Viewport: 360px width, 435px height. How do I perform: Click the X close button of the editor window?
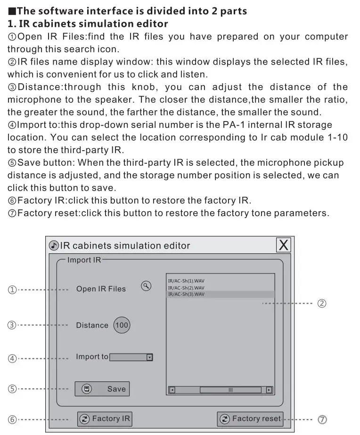[283, 245]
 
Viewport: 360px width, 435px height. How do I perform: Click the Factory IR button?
[105, 419]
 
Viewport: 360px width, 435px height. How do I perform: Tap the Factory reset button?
[250, 419]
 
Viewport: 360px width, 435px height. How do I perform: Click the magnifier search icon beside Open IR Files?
[147, 286]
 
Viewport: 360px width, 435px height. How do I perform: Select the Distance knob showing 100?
[122, 325]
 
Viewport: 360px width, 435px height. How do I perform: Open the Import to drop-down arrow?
[149, 357]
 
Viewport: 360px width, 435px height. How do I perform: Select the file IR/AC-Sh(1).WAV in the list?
[186, 281]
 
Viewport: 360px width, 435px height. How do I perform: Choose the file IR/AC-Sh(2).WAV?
[186, 288]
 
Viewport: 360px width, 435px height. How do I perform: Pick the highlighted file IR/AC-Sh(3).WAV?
[186, 294]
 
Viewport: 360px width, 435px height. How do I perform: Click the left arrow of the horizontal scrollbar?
[172, 390]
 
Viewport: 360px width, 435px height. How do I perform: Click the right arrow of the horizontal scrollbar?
[269, 390]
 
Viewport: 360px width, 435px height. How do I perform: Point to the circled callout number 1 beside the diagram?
[12, 290]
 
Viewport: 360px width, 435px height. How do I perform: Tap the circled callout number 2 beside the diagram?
[321, 304]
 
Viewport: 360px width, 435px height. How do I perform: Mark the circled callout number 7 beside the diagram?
[322, 419]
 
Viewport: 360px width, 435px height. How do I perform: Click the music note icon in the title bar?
[54, 245]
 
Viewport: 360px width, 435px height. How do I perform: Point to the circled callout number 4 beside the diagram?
[12, 358]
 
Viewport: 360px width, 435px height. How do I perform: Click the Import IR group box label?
[84, 260]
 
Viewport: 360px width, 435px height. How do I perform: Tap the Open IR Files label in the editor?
[101, 289]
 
